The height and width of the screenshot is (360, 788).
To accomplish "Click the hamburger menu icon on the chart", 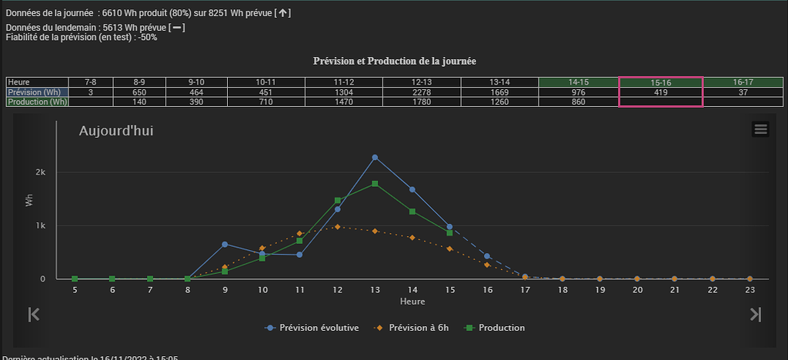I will click(760, 129).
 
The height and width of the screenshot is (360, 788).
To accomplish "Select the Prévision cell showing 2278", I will click(422, 92).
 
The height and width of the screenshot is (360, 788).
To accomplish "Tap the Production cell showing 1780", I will click(422, 102).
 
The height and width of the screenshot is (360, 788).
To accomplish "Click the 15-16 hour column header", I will click(661, 82).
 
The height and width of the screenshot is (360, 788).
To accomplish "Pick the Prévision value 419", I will click(661, 92).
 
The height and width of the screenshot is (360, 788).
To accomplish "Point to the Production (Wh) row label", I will click(37, 102).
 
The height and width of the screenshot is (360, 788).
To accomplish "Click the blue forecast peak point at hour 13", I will click(375, 157).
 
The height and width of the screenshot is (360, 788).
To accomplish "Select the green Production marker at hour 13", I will click(375, 184).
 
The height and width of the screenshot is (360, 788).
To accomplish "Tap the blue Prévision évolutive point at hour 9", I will click(225, 244).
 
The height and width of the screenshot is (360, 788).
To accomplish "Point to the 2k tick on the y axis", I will click(41, 172).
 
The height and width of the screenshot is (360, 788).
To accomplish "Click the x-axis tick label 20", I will click(637, 290).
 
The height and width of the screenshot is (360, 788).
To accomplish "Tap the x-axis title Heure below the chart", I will click(412, 302).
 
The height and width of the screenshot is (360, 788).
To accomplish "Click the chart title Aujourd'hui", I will click(116, 131).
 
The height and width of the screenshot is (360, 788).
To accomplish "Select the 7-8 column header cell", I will click(91, 82).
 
